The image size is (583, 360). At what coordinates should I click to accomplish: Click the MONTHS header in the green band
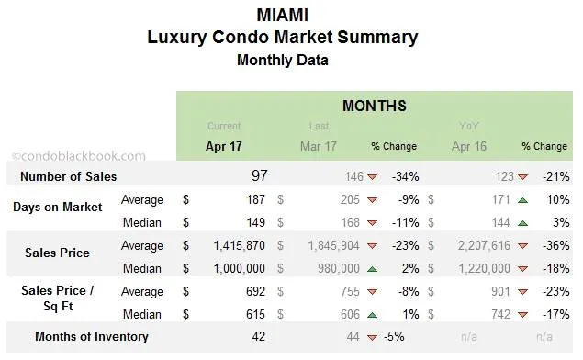[x=374, y=106]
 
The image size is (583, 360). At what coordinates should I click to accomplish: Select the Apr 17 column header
[x=224, y=146]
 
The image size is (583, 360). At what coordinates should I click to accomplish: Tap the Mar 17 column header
[x=319, y=146]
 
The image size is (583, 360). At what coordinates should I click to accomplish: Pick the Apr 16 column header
[x=470, y=146]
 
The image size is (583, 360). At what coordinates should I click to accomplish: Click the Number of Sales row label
[x=69, y=176]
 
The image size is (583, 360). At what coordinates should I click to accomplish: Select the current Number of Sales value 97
[x=259, y=175]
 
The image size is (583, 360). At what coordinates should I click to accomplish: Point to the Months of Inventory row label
[x=91, y=336]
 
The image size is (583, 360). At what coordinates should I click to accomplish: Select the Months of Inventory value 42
[x=259, y=336]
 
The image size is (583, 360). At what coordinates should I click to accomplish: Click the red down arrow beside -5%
[x=372, y=337]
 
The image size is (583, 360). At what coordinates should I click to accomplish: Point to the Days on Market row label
[x=58, y=207]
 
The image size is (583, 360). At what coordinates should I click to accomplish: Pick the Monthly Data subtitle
[x=282, y=61]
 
